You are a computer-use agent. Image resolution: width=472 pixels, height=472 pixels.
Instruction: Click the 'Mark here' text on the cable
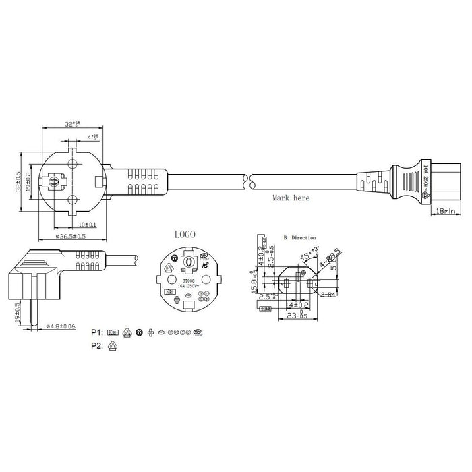click(x=291, y=198)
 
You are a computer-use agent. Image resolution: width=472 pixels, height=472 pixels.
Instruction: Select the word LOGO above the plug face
click(x=185, y=234)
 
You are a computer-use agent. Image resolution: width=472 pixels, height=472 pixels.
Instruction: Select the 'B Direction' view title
click(x=301, y=238)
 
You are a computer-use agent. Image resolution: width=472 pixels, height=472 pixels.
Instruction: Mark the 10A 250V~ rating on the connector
click(x=425, y=181)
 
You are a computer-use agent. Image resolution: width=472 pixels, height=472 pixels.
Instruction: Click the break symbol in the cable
click(x=248, y=181)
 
